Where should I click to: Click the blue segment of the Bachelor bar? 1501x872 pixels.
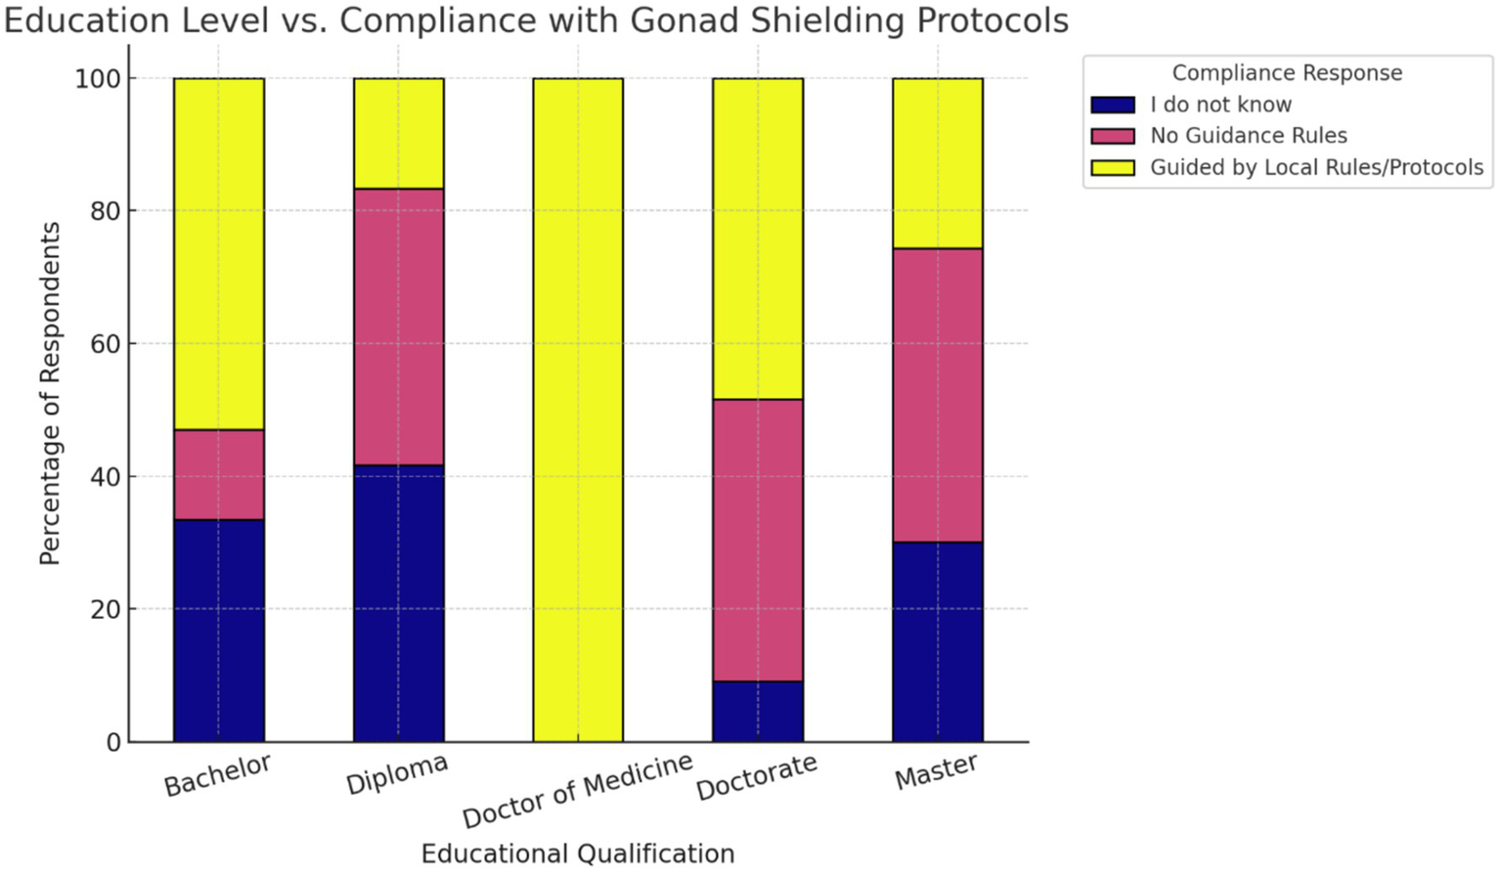coord(219,631)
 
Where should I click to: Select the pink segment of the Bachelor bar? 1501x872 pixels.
coord(219,474)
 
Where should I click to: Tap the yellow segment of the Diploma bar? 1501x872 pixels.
coord(399,133)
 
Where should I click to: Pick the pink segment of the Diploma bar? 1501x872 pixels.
coord(399,327)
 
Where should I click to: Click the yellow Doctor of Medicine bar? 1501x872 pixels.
coord(578,410)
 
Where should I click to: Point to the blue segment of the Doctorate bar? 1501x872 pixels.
coord(758,711)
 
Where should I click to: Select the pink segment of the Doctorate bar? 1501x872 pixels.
coord(758,540)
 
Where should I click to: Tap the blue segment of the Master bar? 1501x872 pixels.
coord(938,641)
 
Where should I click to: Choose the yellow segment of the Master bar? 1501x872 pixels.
coord(938,163)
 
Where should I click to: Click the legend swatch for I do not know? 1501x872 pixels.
coord(1113,105)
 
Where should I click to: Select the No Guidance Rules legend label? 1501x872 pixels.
coord(1248,136)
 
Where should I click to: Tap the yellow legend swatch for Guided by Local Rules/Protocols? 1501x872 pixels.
coord(1113,167)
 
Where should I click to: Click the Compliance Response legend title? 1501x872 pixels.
coord(1287,73)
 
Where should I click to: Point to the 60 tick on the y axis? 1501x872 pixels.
coord(108,344)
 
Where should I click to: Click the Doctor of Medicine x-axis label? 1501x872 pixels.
coord(577,791)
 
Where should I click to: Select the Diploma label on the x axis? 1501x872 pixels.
coord(397,774)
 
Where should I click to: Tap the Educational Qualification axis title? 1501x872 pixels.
coord(578,853)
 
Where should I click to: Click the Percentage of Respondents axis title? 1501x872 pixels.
coord(50,393)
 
